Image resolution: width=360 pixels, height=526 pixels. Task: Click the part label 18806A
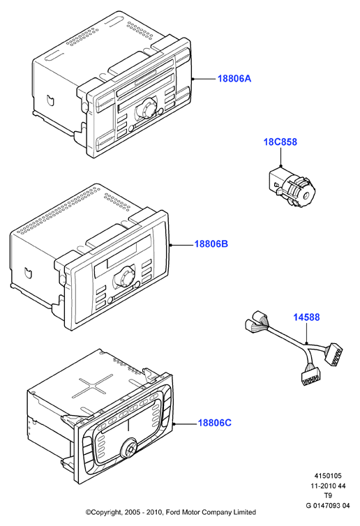[234, 79]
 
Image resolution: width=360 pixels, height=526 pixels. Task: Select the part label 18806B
[211, 244]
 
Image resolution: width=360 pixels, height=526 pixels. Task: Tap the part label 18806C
[214, 423]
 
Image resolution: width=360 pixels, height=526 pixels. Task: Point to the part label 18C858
[280, 142]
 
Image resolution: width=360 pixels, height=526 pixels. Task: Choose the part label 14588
[307, 317]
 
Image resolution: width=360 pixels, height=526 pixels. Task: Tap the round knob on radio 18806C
[130, 448]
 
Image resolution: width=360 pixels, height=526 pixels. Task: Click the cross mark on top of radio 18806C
[93, 387]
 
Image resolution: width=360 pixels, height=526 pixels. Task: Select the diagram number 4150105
[328, 476]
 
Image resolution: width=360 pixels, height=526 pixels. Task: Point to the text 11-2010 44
[328, 486]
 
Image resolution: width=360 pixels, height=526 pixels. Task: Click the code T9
[328, 495]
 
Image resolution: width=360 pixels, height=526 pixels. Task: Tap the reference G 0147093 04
[328, 506]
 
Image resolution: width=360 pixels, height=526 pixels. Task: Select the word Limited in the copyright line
[244, 512]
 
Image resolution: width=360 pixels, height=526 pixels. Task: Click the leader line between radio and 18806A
[204, 79]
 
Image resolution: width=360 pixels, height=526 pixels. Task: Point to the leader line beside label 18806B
[181, 246]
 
